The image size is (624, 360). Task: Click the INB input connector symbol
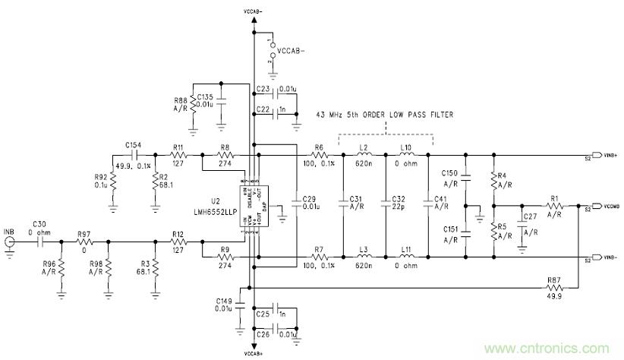10,243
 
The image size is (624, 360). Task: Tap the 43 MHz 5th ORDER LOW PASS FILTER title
385,115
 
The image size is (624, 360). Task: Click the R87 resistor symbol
553,289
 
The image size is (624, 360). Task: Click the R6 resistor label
320,147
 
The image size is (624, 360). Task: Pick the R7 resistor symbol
320,259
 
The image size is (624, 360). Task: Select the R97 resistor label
83,235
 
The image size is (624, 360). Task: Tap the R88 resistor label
181,104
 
